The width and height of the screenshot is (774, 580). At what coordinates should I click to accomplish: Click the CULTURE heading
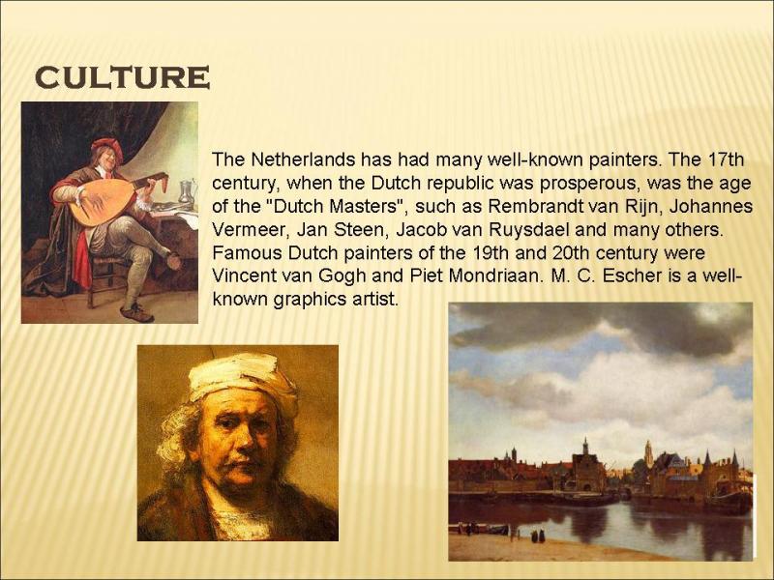(123, 77)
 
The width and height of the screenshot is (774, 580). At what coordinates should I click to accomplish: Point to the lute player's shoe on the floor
(137, 313)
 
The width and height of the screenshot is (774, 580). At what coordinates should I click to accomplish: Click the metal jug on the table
(186, 191)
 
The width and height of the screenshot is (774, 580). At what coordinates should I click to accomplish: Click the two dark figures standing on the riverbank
(538, 536)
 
